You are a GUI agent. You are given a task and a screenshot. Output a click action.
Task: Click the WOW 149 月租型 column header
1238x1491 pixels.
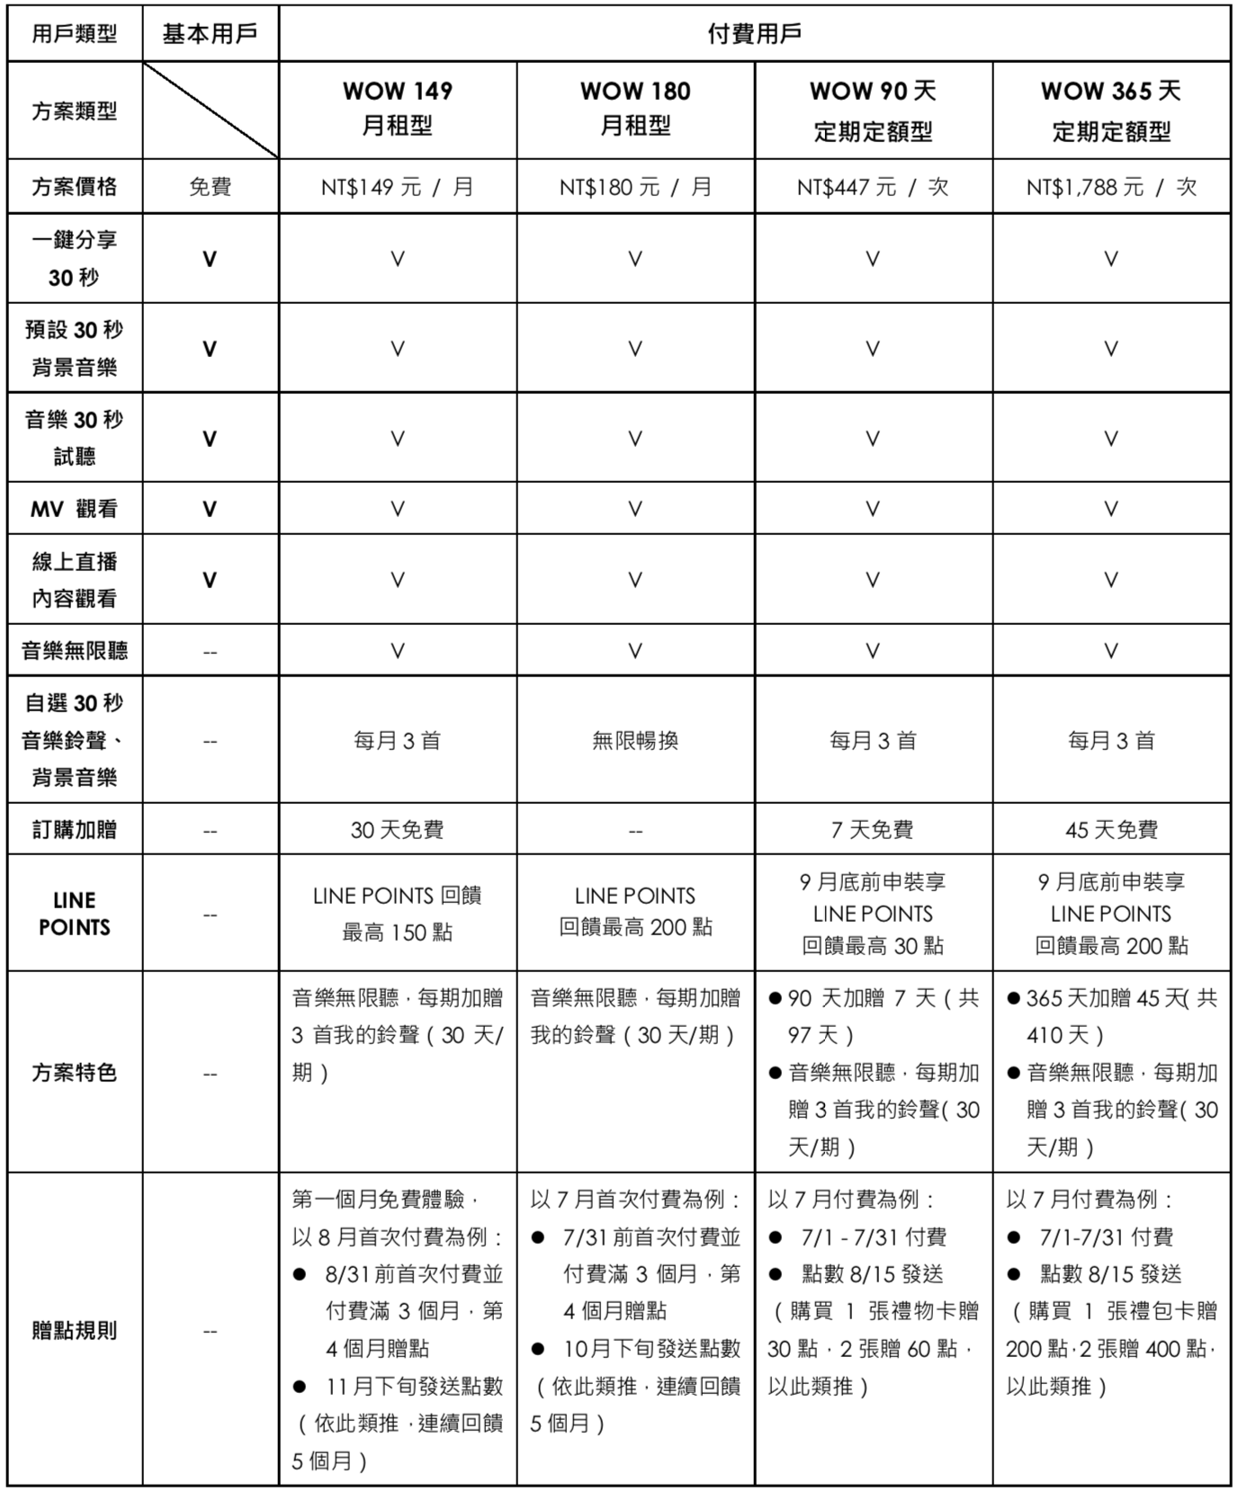[x=398, y=109]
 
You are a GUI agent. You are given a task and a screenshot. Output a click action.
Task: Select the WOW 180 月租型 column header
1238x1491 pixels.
[x=635, y=109]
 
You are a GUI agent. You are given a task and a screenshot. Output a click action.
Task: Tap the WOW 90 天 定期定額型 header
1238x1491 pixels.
[x=873, y=111]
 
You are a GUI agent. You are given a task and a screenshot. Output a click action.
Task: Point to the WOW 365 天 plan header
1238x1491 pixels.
[x=1111, y=111]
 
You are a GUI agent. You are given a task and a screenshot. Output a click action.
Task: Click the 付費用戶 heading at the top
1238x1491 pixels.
[x=754, y=34]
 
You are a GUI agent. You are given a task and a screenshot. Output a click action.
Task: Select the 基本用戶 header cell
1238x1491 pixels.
[x=210, y=34]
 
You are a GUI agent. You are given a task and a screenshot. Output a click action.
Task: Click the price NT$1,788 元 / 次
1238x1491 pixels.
[x=1111, y=187]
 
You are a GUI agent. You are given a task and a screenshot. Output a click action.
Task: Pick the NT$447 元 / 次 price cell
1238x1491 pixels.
[x=873, y=187]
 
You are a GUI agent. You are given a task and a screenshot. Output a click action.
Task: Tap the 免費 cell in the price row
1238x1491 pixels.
[x=210, y=187]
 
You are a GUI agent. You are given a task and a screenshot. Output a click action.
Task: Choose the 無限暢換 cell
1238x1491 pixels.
[x=635, y=741]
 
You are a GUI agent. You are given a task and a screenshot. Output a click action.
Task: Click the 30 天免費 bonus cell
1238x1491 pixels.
[x=398, y=829]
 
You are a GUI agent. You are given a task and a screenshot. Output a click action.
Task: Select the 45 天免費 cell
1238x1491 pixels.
[x=1111, y=829]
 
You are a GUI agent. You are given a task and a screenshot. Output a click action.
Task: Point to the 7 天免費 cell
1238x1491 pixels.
[x=873, y=829]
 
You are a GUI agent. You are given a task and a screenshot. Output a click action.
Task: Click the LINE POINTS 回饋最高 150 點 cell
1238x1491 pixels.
[x=398, y=914]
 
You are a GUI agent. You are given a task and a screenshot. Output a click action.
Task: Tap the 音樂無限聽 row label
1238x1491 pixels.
[x=75, y=650]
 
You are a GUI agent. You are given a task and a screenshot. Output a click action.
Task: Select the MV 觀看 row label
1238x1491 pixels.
[x=75, y=509]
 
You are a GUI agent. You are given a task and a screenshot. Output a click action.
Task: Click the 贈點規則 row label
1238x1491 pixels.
[x=75, y=1330]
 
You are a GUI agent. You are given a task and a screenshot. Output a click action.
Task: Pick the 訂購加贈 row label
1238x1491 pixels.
[x=75, y=829]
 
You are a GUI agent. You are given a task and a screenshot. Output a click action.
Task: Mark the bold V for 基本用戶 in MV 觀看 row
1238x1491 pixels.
[x=210, y=509]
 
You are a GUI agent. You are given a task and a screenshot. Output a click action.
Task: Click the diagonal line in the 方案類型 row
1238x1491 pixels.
[x=211, y=111]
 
